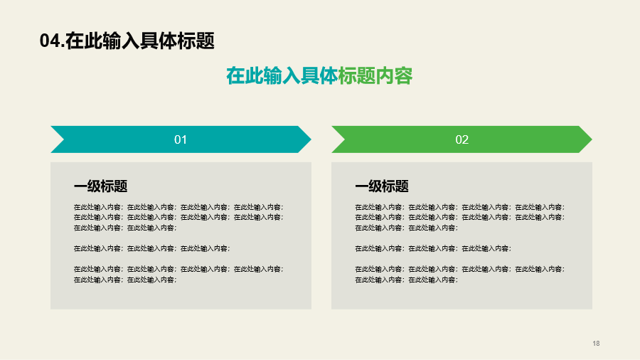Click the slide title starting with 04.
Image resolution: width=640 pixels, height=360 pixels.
(x=127, y=41)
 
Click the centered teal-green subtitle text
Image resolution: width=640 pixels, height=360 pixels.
(x=319, y=75)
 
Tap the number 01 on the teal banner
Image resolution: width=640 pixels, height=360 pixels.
(x=181, y=139)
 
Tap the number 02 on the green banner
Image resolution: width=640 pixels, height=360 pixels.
(x=462, y=139)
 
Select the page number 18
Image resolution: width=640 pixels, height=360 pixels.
(x=596, y=343)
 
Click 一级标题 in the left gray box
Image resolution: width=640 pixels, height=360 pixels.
(x=100, y=186)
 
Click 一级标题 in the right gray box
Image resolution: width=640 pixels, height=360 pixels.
(x=382, y=186)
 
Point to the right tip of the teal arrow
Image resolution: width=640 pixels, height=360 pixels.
(x=311, y=139)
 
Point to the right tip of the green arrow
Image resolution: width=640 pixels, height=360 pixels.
(x=592, y=139)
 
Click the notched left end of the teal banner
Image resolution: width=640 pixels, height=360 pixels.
(x=64, y=139)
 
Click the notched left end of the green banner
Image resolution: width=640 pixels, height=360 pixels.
(x=344, y=139)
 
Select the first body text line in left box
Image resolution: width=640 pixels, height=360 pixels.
(x=178, y=207)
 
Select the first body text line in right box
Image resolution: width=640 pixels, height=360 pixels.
(x=459, y=207)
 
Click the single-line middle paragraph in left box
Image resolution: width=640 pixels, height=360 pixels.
(x=152, y=248)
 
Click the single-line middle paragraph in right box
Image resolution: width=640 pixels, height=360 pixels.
(x=433, y=248)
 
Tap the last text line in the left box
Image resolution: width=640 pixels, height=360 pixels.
(x=125, y=280)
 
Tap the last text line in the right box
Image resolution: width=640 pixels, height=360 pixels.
(x=406, y=280)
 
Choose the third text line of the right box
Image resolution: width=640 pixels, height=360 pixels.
(x=406, y=228)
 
